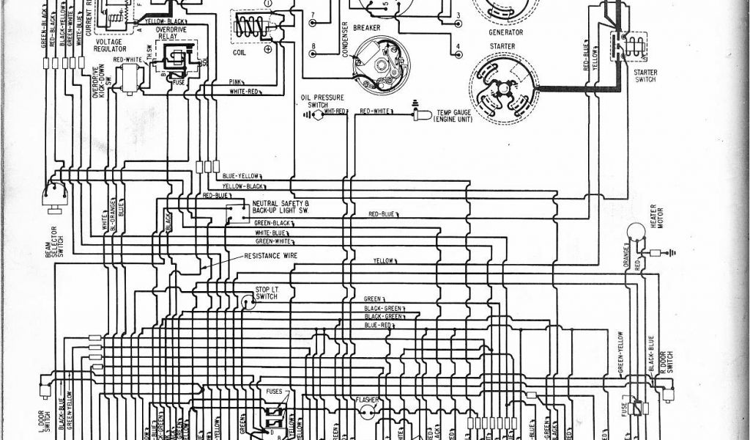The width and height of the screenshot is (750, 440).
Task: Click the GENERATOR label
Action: point(505,32)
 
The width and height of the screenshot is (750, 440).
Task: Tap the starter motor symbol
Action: point(503,89)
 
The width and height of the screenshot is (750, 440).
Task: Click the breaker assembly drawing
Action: point(380,67)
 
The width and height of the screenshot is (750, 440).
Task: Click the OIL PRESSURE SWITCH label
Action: point(318,101)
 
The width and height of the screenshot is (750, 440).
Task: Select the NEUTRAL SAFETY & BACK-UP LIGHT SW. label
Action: point(281,207)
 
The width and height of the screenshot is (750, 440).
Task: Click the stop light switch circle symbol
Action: point(249,301)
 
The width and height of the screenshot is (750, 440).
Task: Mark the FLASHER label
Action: point(367,400)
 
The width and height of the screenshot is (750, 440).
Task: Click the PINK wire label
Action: point(236,82)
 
